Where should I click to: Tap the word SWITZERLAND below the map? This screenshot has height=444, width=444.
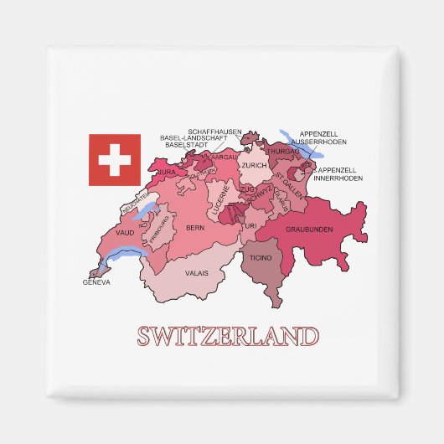228,337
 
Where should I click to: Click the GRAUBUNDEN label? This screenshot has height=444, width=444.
310,229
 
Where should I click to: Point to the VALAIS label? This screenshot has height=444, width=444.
197,272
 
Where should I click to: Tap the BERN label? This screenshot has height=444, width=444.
195,227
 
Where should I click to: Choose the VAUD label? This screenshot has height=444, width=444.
126,234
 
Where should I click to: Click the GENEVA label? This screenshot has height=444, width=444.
96,281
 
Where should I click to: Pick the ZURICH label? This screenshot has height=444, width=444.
254,165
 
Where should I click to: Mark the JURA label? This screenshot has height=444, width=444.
168,172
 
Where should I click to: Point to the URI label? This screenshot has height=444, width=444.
250,226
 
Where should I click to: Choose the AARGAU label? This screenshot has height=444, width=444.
224,157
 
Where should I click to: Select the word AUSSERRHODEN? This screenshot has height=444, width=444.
336,140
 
